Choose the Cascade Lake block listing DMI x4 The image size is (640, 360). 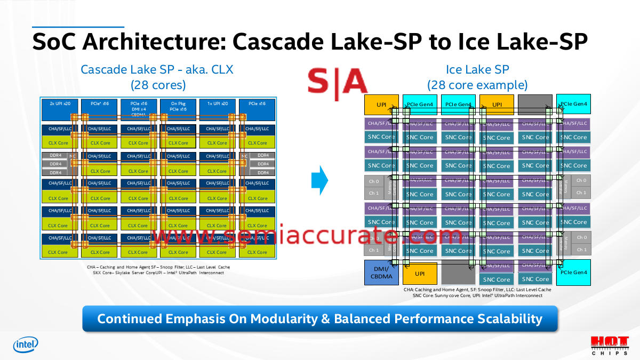pos(139,108)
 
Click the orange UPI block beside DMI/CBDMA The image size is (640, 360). pos(420,273)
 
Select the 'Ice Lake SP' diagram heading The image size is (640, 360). pos(477,69)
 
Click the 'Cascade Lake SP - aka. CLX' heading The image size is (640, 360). pos(157,69)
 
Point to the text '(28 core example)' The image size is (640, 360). pos(477,85)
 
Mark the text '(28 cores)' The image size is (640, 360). pos(158,84)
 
